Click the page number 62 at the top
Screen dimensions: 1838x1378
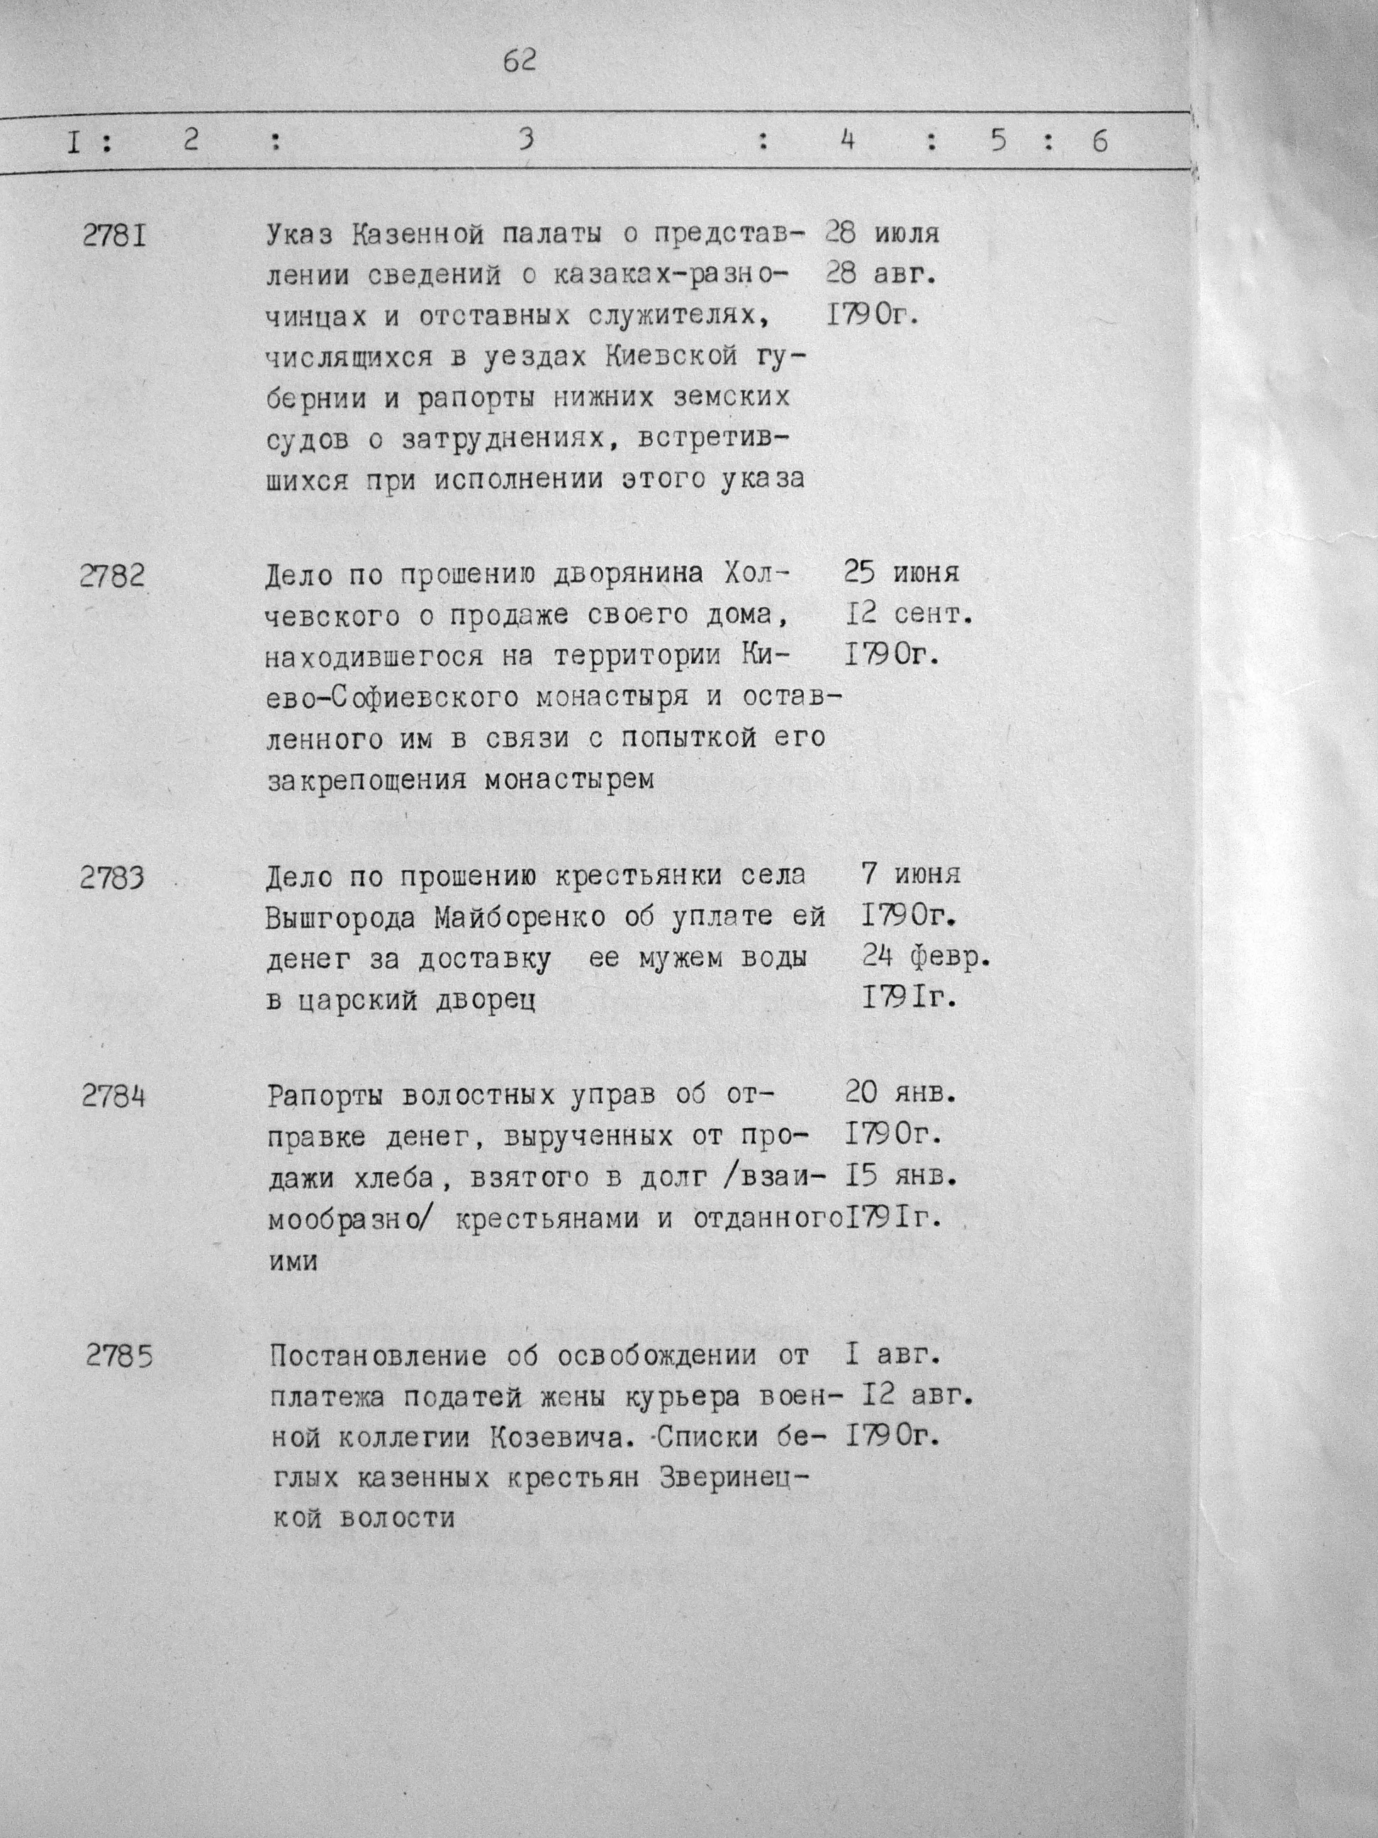[519, 62]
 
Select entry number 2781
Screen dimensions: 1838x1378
[115, 237]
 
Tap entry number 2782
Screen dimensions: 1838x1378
[112, 576]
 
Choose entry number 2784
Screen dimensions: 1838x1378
[114, 1097]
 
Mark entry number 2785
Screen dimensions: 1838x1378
[120, 1358]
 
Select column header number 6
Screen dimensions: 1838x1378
[1099, 142]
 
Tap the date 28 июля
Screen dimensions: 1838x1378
[882, 233]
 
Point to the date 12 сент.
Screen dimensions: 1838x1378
[908, 614]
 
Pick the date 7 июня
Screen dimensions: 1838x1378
[911, 874]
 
